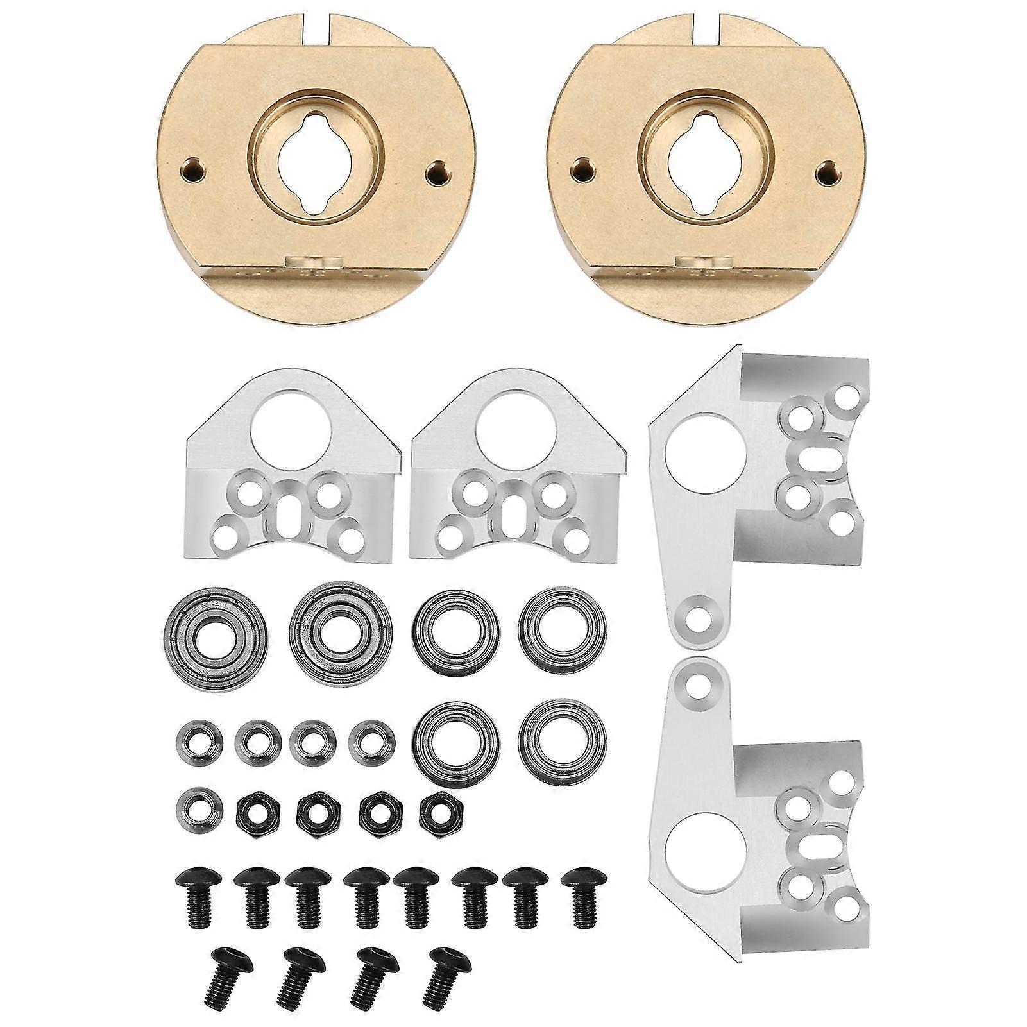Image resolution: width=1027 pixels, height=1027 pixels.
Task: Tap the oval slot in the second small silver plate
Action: (x=512, y=510)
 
